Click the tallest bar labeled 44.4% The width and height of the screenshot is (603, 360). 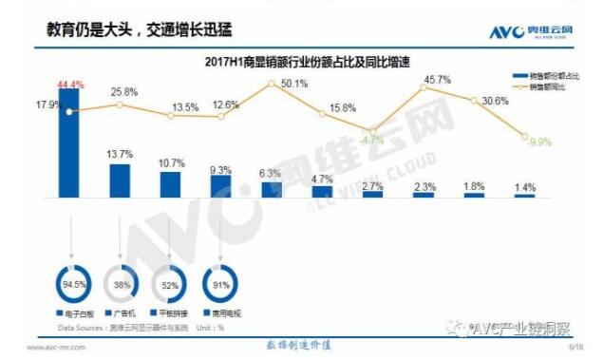coord(69,142)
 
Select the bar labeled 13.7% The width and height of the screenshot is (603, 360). coord(120,180)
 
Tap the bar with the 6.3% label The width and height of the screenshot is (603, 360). coord(272,189)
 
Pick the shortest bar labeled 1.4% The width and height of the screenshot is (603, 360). coord(524,195)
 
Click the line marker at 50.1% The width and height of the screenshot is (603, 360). coord(272,84)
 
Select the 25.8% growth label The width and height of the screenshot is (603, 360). coord(123,91)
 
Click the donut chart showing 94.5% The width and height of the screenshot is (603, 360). coord(69,283)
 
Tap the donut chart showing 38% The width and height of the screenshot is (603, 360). coord(121,283)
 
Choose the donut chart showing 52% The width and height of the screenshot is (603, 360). coord(171,283)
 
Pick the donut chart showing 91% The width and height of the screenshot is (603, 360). coord(221,283)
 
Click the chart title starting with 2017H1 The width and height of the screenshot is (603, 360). coord(285,62)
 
